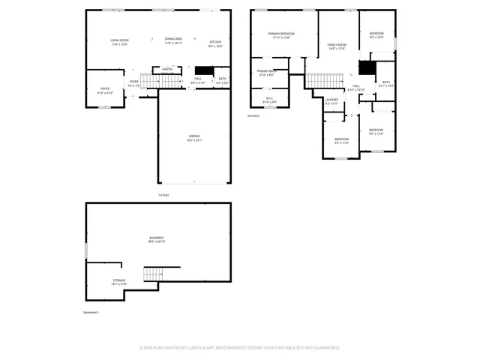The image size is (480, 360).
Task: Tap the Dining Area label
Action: coord(174,39)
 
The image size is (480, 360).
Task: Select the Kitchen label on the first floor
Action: coord(215,43)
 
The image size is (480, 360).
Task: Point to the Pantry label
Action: coord(167,69)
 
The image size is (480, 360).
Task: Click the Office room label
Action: coord(105,90)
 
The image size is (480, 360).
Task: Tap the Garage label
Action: coord(194,136)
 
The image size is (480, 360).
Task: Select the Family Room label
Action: coord(337,45)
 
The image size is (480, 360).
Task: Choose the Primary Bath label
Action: coord(268,72)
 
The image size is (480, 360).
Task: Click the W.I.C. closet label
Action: coord(268,98)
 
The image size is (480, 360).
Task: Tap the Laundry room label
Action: coord(331,100)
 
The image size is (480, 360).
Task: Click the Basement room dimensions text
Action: coord(156,242)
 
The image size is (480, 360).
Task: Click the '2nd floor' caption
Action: coord(253,116)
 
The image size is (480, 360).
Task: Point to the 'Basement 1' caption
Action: coord(91,312)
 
